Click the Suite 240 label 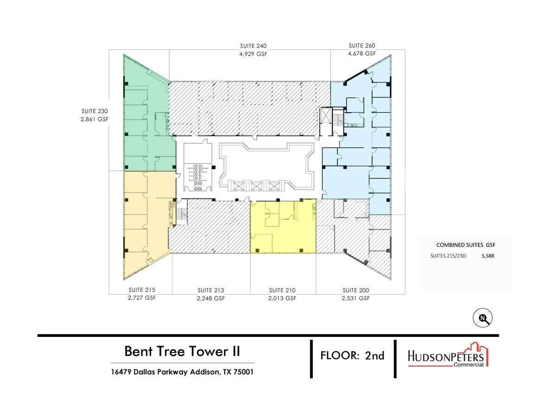pyautogui.click(x=254, y=46)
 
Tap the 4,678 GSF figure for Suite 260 pyautogui.click(x=362, y=54)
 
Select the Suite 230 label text pyautogui.click(x=95, y=111)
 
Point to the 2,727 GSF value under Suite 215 pyautogui.click(x=142, y=298)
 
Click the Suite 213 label pyautogui.click(x=211, y=291)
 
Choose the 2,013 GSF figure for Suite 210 pyautogui.click(x=282, y=298)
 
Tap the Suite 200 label pyautogui.click(x=356, y=291)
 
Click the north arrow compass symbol pyautogui.click(x=483, y=318)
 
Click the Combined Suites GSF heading pyautogui.click(x=467, y=245)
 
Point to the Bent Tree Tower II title pyautogui.click(x=182, y=351)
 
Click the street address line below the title pyautogui.click(x=182, y=372)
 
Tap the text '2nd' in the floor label pyautogui.click(x=375, y=356)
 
